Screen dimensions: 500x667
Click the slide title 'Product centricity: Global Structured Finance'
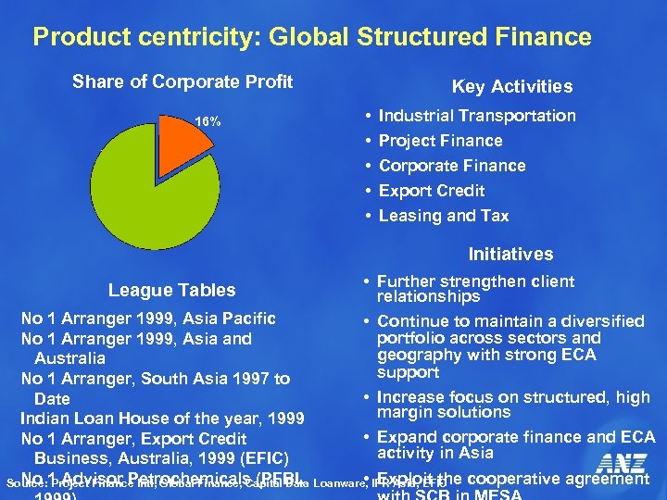click(x=311, y=37)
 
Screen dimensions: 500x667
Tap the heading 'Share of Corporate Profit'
click(x=182, y=81)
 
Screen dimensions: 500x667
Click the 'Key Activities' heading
click(x=511, y=86)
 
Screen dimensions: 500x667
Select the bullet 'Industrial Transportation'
click(x=477, y=116)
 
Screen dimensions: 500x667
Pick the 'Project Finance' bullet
click(x=440, y=141)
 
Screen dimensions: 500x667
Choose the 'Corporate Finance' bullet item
click(x=452, y=166)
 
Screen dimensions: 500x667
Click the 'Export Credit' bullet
click(x=432, y=191)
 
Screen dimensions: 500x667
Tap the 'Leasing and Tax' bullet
click(x=444, y=216)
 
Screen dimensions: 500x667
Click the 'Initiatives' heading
click(x=510, y=254)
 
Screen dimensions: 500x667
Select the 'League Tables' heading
click(x=171, y=290)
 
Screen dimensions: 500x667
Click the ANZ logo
click(x=622, y=463)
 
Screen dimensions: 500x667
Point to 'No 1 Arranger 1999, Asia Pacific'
click(x=148, y=319)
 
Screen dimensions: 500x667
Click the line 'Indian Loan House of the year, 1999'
click(x=162, y=419)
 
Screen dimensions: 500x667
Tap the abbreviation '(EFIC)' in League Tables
click(x=262, y=458)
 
